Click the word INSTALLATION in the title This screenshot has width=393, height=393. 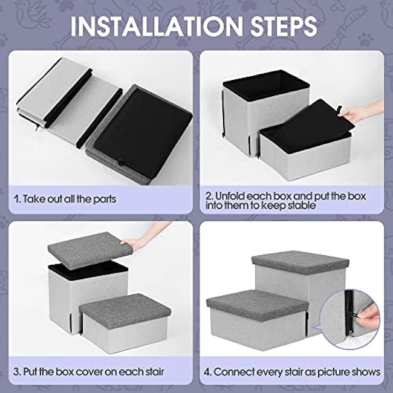(157, 27)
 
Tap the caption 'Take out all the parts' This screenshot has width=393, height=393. (70, 199)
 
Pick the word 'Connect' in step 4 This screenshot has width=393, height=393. (230, 372)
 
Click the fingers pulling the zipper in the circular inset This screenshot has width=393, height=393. (368, 313)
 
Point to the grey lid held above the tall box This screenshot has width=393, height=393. (89, 251)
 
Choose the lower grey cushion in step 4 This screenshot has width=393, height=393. (258, 305)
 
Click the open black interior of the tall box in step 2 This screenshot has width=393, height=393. (266, 85)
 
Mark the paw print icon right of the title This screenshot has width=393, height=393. (366, 39)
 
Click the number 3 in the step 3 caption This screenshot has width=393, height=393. (16, 372)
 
